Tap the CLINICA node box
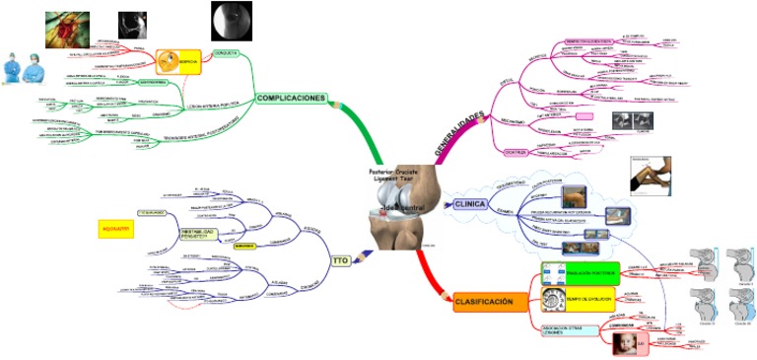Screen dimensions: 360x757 point(471,204)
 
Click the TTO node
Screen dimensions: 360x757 point(340,260)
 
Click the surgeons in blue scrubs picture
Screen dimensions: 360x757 point(21,67)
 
